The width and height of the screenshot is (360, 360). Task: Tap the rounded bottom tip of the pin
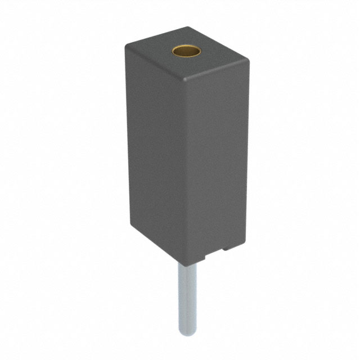186,333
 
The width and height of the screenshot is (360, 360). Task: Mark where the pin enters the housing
186,264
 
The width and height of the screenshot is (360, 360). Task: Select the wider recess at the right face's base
225,250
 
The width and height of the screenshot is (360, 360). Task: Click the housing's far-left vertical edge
127,135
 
